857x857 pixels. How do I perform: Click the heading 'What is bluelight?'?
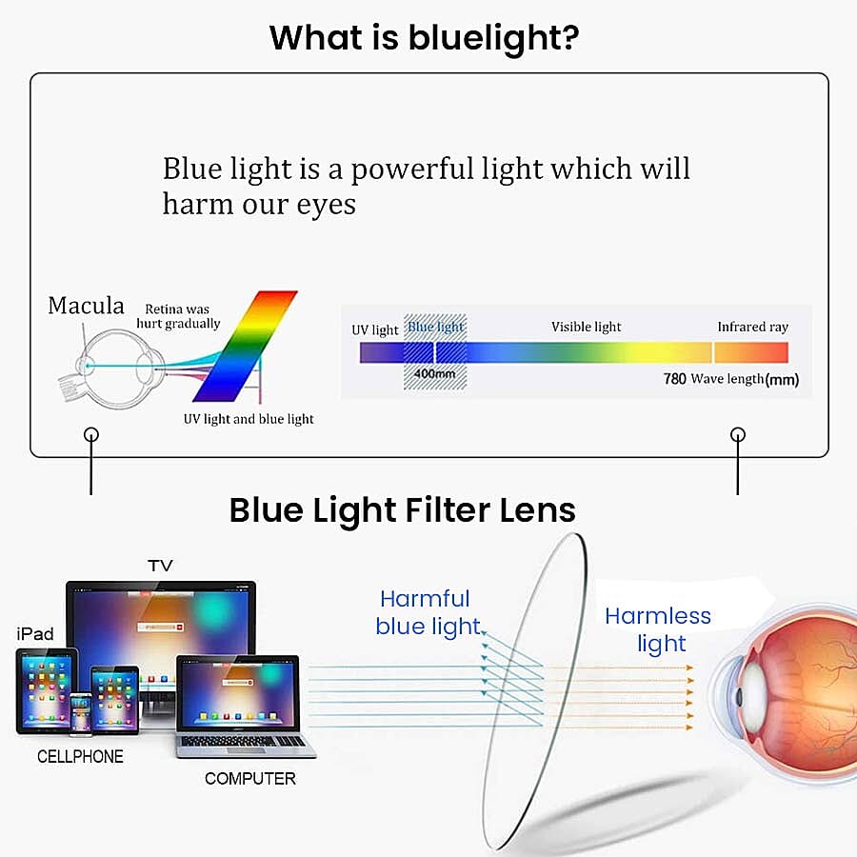click(x=424, y=38)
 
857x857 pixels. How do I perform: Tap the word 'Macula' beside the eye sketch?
click(x=86, y=306)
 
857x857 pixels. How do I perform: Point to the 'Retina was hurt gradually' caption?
click(x=178, y=316)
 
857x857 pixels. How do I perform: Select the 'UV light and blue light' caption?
click(x=249, y=419)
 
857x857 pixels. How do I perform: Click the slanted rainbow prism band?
click(x=246, y=346)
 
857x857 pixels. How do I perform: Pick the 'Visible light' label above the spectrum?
click(x=586, y=327)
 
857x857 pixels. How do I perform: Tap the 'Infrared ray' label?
click(x=752, y=327)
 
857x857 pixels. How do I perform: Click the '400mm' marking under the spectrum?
click(x=434, y=374)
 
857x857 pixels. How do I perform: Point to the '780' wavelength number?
click(x=674, y=379)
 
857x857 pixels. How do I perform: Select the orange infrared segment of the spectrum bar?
click(x=751, y=352)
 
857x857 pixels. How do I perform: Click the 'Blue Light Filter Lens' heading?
click(x=402, y=510)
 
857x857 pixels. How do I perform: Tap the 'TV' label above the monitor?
click(x=160, y=566)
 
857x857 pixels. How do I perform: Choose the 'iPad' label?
click(x=35, y=634)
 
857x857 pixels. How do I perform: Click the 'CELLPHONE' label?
click(x=80, y=756)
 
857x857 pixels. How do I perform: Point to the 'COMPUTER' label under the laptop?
click(x=250, y=778)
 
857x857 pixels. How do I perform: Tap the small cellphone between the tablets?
click(x=80, y=712)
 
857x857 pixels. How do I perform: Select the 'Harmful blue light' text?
click(x=427, y=612)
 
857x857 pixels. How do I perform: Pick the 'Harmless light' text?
click(x=658, y=629)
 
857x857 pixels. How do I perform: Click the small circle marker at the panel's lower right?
click(x=738, y=434)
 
